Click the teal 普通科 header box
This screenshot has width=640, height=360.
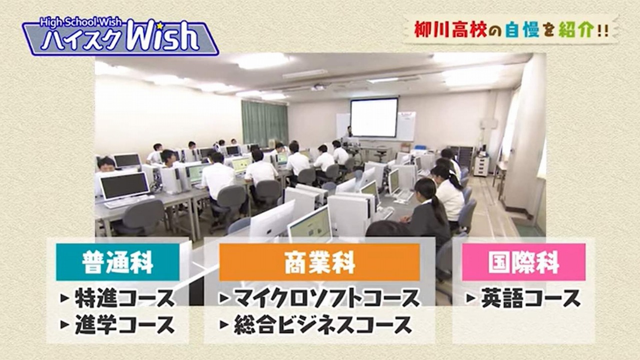tap(117, 262)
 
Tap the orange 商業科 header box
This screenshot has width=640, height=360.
tap(319, 262)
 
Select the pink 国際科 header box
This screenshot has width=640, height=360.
tap(523, 262)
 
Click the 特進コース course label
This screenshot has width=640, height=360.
tap(124, 298)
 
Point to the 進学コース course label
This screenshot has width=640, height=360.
tap(124, 324)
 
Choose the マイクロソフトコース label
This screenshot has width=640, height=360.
tap(327, 298)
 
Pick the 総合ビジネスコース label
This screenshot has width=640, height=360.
tap(323, 324)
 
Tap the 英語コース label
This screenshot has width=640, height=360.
tap(531, 298)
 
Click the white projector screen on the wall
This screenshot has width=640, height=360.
tap(374, 117)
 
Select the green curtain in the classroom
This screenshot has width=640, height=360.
tap(264, 123)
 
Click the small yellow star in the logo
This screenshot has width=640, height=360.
tap(160, 25)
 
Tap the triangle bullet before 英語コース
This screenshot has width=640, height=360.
tap(471, 298)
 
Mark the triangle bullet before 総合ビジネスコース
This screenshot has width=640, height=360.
tap(224, 324)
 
